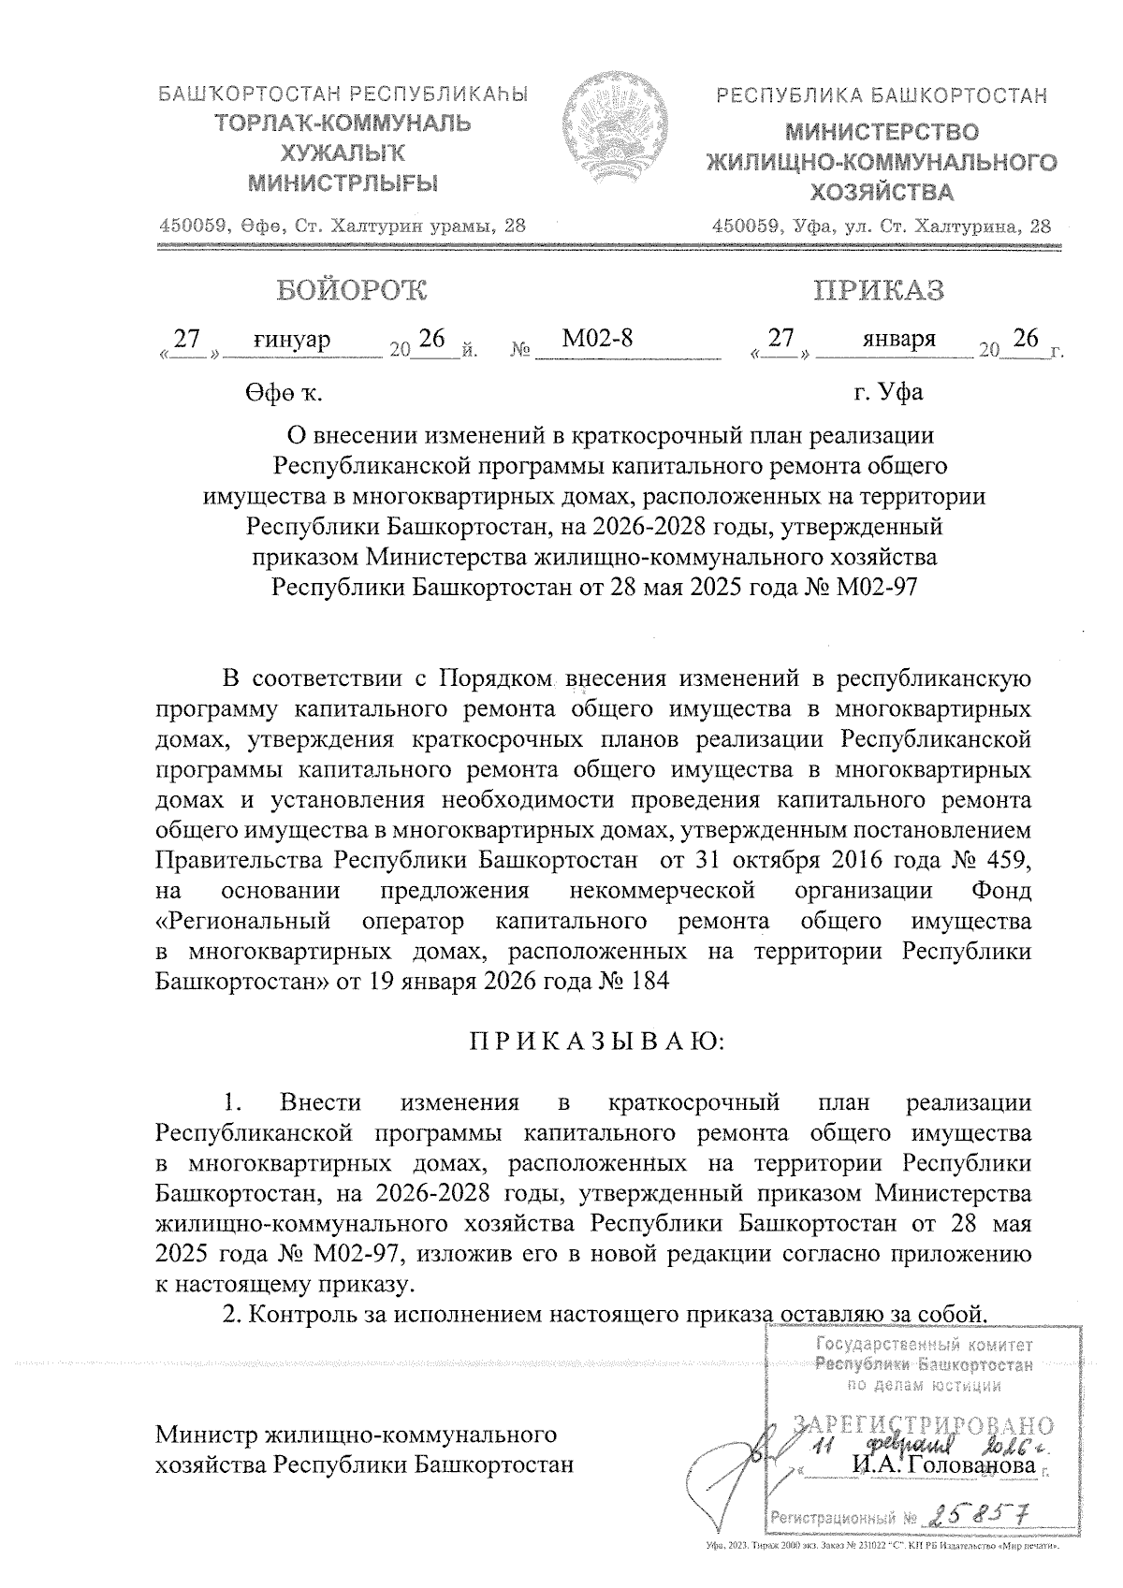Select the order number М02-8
pos(597,339)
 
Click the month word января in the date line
pos(899,339)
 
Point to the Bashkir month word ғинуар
pos(292,339)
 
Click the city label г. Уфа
pos(888,391)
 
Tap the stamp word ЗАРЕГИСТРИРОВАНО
pos(923,1426)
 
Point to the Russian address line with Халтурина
pos(881,226)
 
